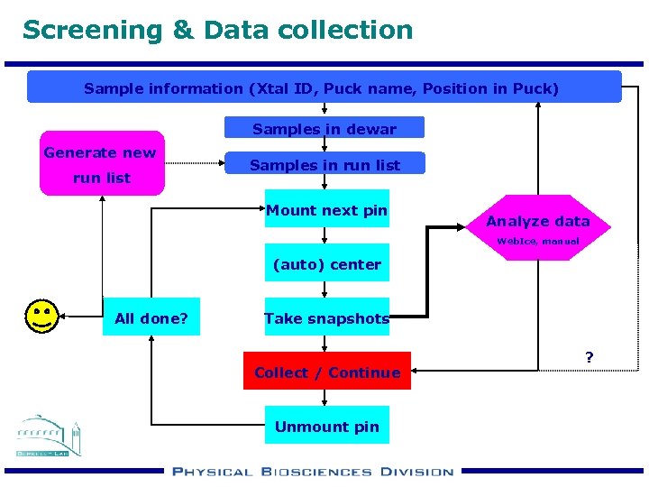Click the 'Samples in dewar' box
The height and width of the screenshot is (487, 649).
coord(324,129)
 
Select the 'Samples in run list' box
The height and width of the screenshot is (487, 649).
coord(324,164)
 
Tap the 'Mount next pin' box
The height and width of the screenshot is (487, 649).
coord(326,210)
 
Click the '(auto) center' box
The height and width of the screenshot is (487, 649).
coord(326,264)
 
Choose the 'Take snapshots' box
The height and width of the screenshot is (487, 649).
coord(326,318)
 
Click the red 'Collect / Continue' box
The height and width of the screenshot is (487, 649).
coord(326,372)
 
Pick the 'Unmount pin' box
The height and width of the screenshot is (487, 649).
coord(326,426)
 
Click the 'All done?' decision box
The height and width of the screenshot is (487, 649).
coord(151,318)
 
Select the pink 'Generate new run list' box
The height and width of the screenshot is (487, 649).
coord(102,164)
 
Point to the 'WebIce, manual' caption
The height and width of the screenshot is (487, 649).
coord(538,243)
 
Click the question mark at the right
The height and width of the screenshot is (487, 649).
coord(589,357)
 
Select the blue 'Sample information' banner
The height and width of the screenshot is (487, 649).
coord(324,88)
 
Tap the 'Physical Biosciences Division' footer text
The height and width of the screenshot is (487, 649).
coord(312,471)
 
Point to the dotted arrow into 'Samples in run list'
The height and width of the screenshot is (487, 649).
coord(194,164)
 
